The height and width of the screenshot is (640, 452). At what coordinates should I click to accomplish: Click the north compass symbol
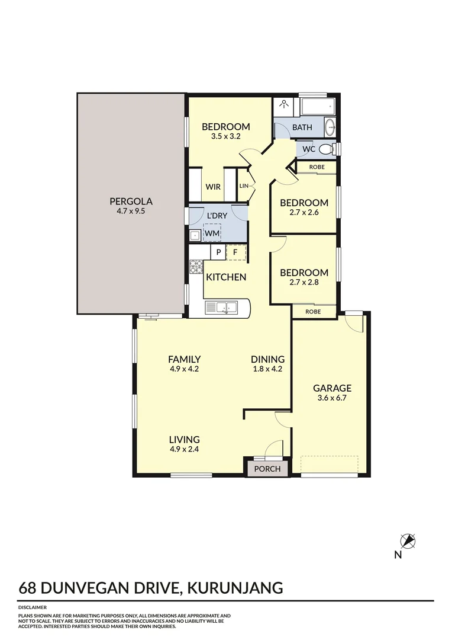pos(407,541)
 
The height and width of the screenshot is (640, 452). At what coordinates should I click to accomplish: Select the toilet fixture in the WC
pos(332,148)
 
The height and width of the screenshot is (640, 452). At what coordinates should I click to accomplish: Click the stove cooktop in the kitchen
pos(196,267)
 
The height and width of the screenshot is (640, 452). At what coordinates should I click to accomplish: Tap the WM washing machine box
pos(212,234)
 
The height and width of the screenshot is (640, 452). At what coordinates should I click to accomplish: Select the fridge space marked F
pos(235,252)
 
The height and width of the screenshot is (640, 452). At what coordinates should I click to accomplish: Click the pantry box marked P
pos(218,252)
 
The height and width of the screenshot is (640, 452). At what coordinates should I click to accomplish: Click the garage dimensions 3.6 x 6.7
pos(332,398)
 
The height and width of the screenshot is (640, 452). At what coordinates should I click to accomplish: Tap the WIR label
pos(213,187)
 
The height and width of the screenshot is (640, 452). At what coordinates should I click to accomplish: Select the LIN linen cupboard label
pos(244,186)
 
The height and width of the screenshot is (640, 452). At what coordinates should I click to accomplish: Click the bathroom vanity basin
pos(330,127)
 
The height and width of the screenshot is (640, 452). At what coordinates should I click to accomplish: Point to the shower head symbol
pos(285,105)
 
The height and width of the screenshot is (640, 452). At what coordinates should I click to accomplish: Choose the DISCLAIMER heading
pos(33,607)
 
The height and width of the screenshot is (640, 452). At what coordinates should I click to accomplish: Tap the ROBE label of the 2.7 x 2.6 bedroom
pos(317,167)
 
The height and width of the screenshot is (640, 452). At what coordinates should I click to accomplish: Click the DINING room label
pos(267,359)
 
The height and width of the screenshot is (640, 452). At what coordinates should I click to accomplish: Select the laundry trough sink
pos(194,235)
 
